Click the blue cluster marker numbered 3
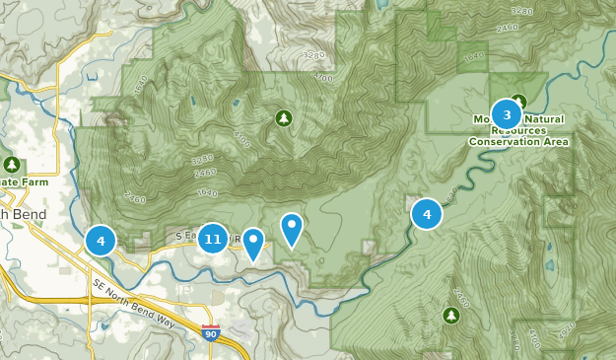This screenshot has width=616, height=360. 507,114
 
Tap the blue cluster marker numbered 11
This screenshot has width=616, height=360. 213,239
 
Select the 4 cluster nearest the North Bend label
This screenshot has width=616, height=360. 101,240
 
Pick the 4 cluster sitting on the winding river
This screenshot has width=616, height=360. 427,213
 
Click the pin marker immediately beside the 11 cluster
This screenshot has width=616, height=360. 253,243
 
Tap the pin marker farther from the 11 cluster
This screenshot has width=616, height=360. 291,228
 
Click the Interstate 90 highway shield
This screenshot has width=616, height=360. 211,333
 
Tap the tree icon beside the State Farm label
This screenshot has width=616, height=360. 12,164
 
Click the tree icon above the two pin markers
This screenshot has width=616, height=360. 284,118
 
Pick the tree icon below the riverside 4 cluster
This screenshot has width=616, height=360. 450,316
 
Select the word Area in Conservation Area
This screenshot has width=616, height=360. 555,142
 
